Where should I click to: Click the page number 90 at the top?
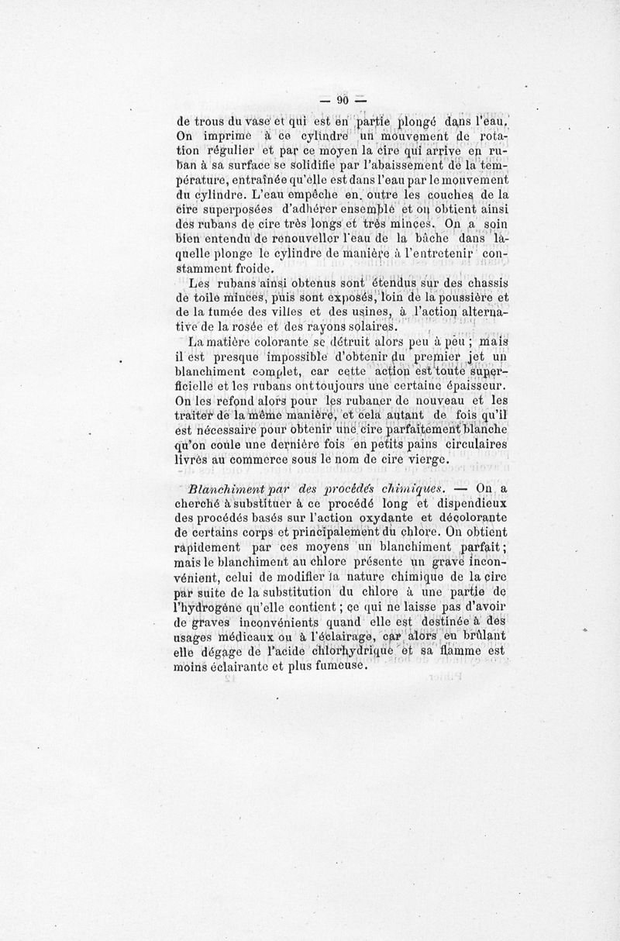341,100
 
